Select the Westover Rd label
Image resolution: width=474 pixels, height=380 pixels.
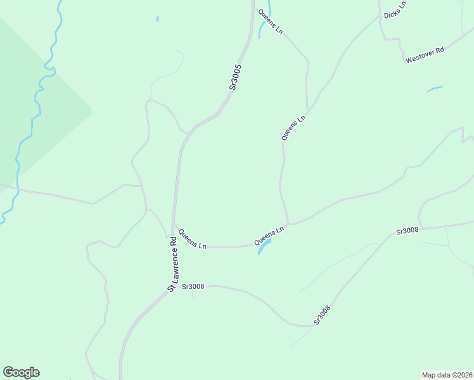pyautogui.click(x=425, y=55)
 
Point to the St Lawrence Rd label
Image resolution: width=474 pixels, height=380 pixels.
pyautogui.click(x=174, y=264)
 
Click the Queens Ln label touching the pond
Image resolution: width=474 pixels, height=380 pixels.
pyautogui.click(x=269, y=236)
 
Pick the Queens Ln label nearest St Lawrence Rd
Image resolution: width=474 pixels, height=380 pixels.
pyautogui.click(x=192, y=239)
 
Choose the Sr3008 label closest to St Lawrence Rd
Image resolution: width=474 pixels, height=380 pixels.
pyautogui.click(x=193, y=286)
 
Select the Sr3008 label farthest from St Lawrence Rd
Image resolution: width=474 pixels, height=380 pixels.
pyautogui.click(x=407, y=231)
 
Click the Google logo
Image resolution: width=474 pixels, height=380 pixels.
pyautogui.click(x=21, y=372)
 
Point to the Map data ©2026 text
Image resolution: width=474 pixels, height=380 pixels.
pyautogui.click(x=447, y=374)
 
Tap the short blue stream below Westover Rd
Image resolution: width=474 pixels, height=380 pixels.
pyautogui.click(x=435, y=89)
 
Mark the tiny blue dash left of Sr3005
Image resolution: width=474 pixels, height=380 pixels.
pyautogui.click(x=157, y=19)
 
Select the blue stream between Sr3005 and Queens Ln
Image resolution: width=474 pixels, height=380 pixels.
pyautogui.click(x=261, y=28)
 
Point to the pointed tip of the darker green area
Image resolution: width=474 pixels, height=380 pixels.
pyautogui.click(x=92, y=111)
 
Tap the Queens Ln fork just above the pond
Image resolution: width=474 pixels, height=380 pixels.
pyautogui.click(x=288, y=224)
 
